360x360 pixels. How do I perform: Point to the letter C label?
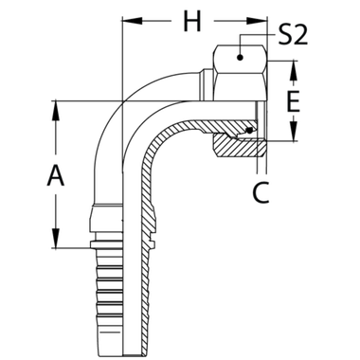pos(261,193)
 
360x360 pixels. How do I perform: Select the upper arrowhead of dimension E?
pos(296,66)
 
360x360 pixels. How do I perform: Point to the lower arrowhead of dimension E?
pos(296,137)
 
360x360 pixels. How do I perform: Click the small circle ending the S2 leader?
pos(243,58)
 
